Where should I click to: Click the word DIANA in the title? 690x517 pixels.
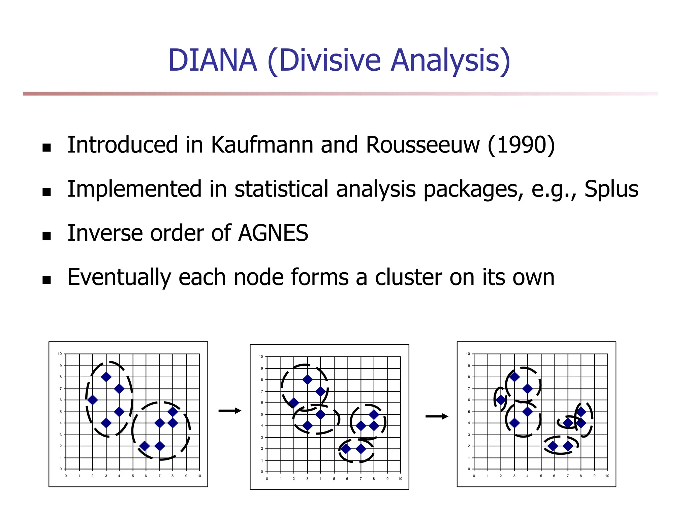(212, 61)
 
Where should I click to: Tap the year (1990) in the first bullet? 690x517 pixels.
(521, 145)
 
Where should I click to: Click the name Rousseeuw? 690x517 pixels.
(422, 145)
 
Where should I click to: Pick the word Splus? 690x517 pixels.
(611, 189)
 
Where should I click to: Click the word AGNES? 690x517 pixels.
(273, 233)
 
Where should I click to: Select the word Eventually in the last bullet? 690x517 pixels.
(119, 277)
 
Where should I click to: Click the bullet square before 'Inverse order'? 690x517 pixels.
(47, 236)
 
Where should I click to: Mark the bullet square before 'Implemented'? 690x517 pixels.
(47, 192)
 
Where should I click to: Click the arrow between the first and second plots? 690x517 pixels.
(230, 411)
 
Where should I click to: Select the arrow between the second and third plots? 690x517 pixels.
(437, 416)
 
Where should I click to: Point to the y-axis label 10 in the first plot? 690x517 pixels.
(60, 354)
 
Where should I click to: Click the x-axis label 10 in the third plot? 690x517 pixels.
(607, 476)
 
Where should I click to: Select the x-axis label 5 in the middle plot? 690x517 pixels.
(334, 479)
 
